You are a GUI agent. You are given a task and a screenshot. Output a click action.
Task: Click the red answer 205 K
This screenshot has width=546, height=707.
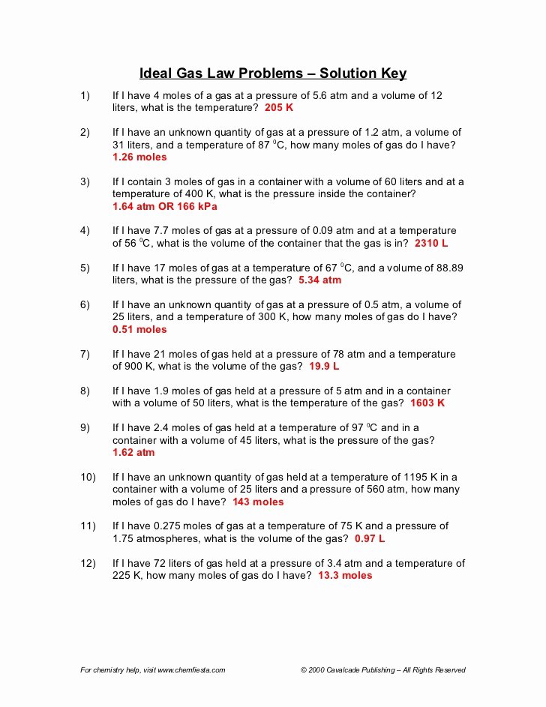pyautogui.click(x=279, y=108)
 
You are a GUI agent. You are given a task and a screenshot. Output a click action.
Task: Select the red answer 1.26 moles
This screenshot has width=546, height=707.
pyautogui.click(x=139, y=157)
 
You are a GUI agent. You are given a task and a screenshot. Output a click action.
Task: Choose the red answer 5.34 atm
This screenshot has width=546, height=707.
pyautogui.click(x=319, y=280)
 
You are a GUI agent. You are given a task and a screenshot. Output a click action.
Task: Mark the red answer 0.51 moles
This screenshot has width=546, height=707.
pyautogui.click(x=139, y=329)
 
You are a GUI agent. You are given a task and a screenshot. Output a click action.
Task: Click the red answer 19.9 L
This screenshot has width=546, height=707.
pyautogui.click(x=323, y=367)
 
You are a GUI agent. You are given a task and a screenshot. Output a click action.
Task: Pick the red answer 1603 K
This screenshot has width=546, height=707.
pyautogui.click(x=427, y=403)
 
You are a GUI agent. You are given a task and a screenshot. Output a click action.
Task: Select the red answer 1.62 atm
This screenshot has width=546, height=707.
pyautogui.click(x=133, y=452)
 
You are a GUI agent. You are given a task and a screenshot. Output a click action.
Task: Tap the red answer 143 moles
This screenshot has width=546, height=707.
pyautogui.click(x=258, y=502)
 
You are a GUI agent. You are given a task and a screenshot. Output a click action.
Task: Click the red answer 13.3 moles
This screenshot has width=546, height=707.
pyautogui.click(x=345, y=575)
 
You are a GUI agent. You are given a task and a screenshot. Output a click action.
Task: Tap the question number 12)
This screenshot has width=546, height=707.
pyautogui.click(x=88, y=563)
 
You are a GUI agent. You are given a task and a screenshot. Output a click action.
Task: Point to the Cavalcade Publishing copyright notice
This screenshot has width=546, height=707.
pyautogui.click(x=382, y=670)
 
